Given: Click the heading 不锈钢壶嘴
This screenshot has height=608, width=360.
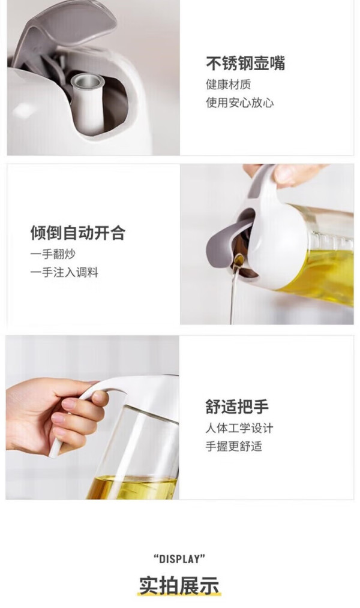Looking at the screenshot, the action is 245,63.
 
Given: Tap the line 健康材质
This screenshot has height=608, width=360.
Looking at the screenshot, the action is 229,84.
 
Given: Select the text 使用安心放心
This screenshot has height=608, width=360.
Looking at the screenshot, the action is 240,103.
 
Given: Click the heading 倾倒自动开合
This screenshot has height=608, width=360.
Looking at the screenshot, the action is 78,233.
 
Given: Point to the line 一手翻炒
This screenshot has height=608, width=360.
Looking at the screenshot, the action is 53,254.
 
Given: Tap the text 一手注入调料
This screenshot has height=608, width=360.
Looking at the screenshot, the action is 64,272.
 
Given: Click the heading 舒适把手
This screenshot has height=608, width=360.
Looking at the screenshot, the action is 237,407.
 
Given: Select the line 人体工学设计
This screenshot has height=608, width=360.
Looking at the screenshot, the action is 239,428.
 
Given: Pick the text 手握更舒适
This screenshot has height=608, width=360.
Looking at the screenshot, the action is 233,446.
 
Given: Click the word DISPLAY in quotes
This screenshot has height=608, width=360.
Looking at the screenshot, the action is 179,559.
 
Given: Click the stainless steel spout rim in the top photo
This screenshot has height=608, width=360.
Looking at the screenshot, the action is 87,81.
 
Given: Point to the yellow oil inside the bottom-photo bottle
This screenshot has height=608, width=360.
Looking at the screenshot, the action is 132,488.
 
